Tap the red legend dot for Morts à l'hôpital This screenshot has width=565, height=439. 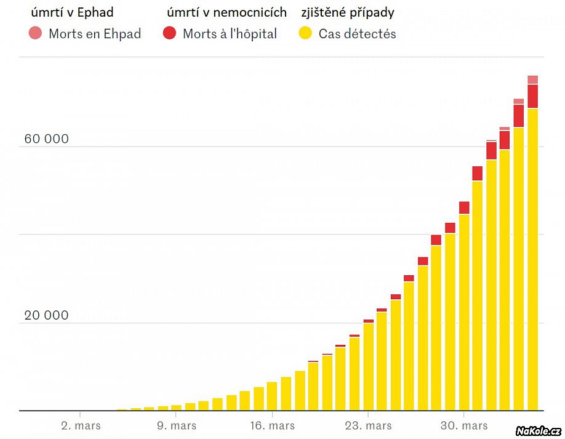[170, 34]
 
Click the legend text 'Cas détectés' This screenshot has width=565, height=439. [357, 34]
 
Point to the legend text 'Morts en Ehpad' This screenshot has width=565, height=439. [95, 34]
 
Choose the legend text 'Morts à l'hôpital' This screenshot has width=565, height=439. [230, 34]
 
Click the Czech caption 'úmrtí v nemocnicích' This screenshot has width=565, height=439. [226, 12]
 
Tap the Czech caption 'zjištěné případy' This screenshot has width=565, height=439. [348, 12]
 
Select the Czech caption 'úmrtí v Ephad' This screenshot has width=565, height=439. [76, 12]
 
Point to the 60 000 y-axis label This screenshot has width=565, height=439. [46, 139]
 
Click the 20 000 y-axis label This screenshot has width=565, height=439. [46, 316]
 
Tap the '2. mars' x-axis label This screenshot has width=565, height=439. [81, 425]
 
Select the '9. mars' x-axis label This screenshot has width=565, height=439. [177, 425]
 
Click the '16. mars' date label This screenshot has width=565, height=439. [273, 425]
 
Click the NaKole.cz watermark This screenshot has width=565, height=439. [538, 430]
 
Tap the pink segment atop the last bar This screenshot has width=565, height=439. [532, 79]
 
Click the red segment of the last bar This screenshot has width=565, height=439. [532, 96]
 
